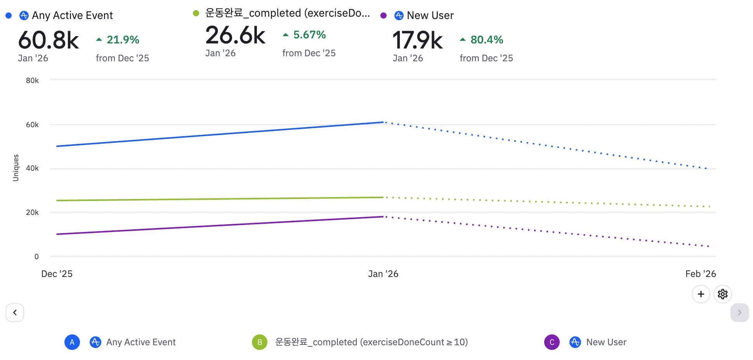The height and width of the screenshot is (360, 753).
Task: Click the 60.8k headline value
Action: pos(49,40)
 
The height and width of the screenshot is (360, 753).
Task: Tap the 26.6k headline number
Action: pos(235,35)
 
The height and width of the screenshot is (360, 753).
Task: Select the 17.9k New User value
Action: pos(417,40)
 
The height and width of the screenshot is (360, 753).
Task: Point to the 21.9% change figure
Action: pos(123,40)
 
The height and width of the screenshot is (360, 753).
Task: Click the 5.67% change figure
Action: pos(309,35)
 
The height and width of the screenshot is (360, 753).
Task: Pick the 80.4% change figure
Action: pos(487,40)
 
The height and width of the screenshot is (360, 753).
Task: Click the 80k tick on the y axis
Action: pos(32,81)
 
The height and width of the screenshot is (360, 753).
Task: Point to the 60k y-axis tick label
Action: pos(32,125)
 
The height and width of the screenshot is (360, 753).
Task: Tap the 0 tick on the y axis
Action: pos(36,256)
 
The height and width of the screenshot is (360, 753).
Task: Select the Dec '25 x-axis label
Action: pos(57,274)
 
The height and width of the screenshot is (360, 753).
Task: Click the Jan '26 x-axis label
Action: pos(383,274)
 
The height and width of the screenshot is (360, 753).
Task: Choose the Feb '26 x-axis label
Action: pos(700,274)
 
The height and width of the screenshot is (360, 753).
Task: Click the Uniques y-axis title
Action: pos(16,168)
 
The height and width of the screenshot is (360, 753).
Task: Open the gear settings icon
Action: pos(722,294)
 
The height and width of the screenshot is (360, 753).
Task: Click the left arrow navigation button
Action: pos(15,313)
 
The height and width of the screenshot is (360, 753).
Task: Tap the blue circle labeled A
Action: pos(72,342)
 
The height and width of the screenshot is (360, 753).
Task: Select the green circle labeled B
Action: pos(260,342)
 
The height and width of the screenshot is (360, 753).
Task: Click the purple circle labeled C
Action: pos(552,342)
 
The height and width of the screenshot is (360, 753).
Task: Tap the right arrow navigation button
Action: pos(739,313)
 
